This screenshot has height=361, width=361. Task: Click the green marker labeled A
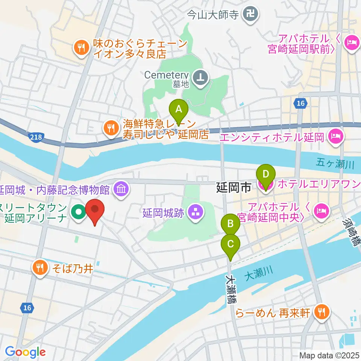click(179, 110)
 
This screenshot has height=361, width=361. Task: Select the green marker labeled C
click(230, 244)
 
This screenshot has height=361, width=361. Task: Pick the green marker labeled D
click(265, 175)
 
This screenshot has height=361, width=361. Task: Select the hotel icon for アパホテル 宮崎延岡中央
click(322, 211)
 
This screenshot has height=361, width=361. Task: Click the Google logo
click(26, 352)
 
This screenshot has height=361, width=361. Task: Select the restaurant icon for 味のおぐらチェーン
click(81, 48)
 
